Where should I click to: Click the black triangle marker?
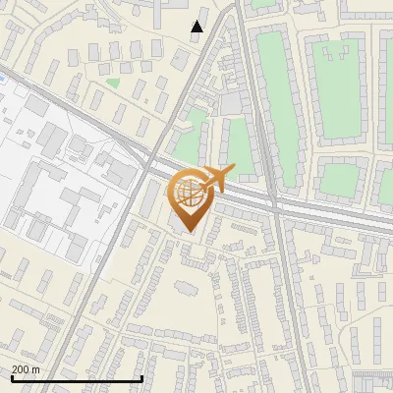pos(197,27)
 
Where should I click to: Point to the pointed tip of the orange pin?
pos(187,231)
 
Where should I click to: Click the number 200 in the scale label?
pos(22,369)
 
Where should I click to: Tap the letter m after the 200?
pos(36,369)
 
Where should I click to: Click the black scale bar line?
pos(77,378)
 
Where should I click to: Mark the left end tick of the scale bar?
pos(11,377)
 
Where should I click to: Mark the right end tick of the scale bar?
pos(143,377)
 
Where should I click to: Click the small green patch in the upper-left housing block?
pos(113,84)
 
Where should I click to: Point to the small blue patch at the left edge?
pos(5,78)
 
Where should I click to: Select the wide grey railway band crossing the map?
pos(295,207)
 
